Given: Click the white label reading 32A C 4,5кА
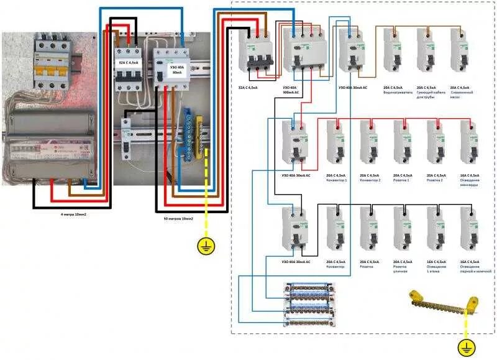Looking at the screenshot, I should [x=128, y=63].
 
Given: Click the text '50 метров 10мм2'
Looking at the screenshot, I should [x=178, y=219].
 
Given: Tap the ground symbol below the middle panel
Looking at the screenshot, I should [x=206, y=246].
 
